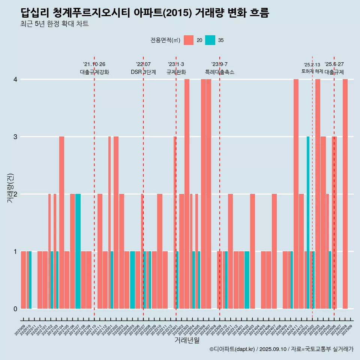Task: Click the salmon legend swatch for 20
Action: click(189, 40)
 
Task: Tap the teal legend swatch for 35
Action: click(210, 40)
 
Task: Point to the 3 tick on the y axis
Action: click(15, 136)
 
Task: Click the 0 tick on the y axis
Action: click(15, 309)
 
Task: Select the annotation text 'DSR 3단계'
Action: click(143, 72)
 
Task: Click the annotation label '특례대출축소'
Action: click(219, 72)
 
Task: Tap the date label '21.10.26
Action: click(94, 64)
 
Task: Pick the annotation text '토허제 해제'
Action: click(312, 71)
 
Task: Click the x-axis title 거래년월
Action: click(187, 340)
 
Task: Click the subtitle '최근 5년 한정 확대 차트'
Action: click(55, 24)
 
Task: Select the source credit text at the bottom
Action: click(281, 349)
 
